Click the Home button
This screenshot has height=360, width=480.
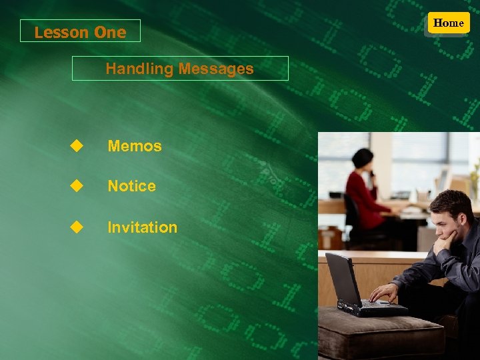tap(448, 23)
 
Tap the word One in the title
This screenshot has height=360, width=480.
tap(110, 32)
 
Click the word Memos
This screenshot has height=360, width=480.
tap(135, 146)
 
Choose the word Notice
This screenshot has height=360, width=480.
tap(132, 187)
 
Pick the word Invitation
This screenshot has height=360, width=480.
tap(143, 227)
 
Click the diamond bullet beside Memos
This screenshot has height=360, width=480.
tap(77, 145)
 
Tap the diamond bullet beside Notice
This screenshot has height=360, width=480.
tap(77, 186)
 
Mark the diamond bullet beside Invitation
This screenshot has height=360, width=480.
tap(77, 227)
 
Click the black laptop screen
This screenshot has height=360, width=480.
tap(344, 279)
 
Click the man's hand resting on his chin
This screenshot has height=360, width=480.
tap(444, 243)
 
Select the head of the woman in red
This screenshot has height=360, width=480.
tap(363, 160)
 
